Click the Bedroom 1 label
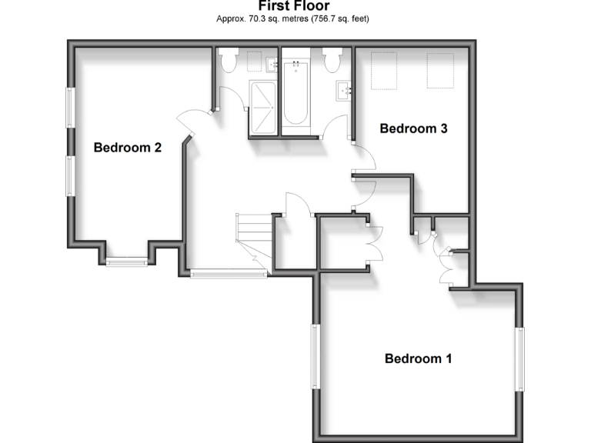418,358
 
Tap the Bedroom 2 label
127,148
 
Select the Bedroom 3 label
413,128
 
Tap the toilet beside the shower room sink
229,60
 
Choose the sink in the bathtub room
344,91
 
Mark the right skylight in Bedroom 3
439,70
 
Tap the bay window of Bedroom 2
126,263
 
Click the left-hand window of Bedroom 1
314,356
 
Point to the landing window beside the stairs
229,272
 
